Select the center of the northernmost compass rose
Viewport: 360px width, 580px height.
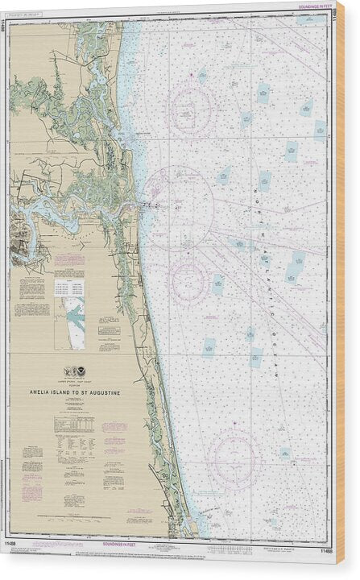pos(192,110)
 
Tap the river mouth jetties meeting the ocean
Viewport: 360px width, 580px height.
pos(145,205)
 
